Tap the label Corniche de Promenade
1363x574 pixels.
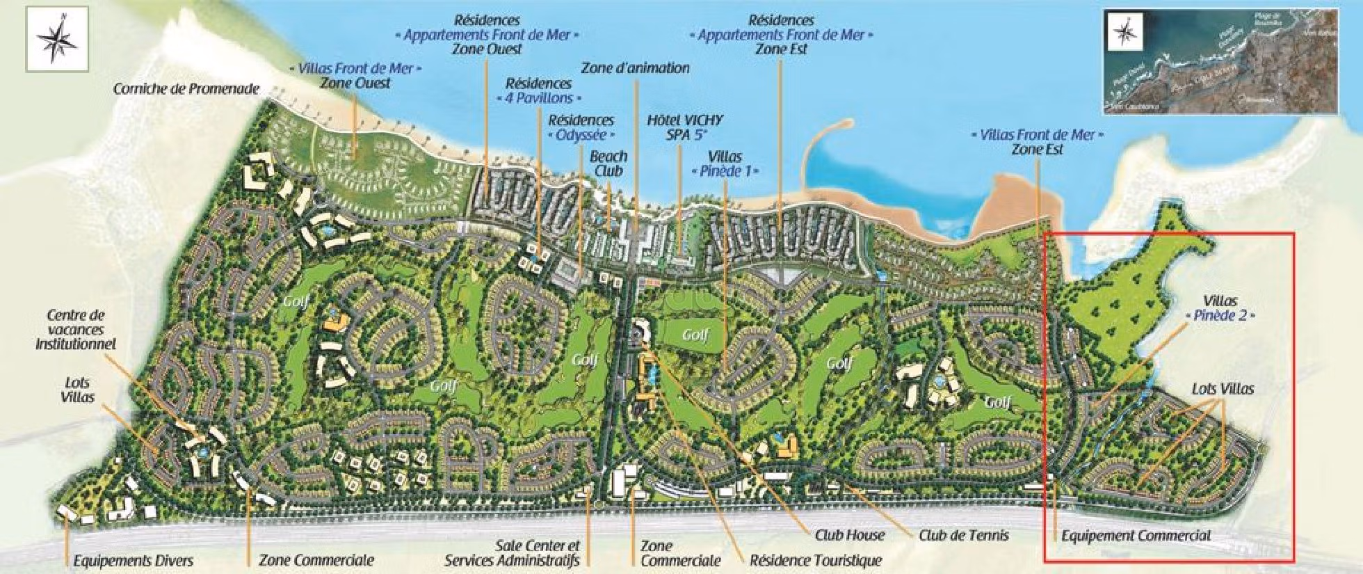click(186, 89)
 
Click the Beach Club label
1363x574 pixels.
click(608, 164)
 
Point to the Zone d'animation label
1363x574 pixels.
click(635, 68)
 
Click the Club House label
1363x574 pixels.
click(849, 535)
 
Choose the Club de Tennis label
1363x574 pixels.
click(963, 535)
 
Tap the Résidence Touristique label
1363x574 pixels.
click(816, 560)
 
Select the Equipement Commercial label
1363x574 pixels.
click(1136, 535)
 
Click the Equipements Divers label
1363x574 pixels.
click(133, 560)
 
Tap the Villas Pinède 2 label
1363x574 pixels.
click(1221, 308)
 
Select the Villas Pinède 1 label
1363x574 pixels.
click(724, 164)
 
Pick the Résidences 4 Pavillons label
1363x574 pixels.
click(539, 90)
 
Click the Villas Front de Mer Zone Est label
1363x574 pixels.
click(1037, 142)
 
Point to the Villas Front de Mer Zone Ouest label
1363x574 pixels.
click(355, 76)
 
